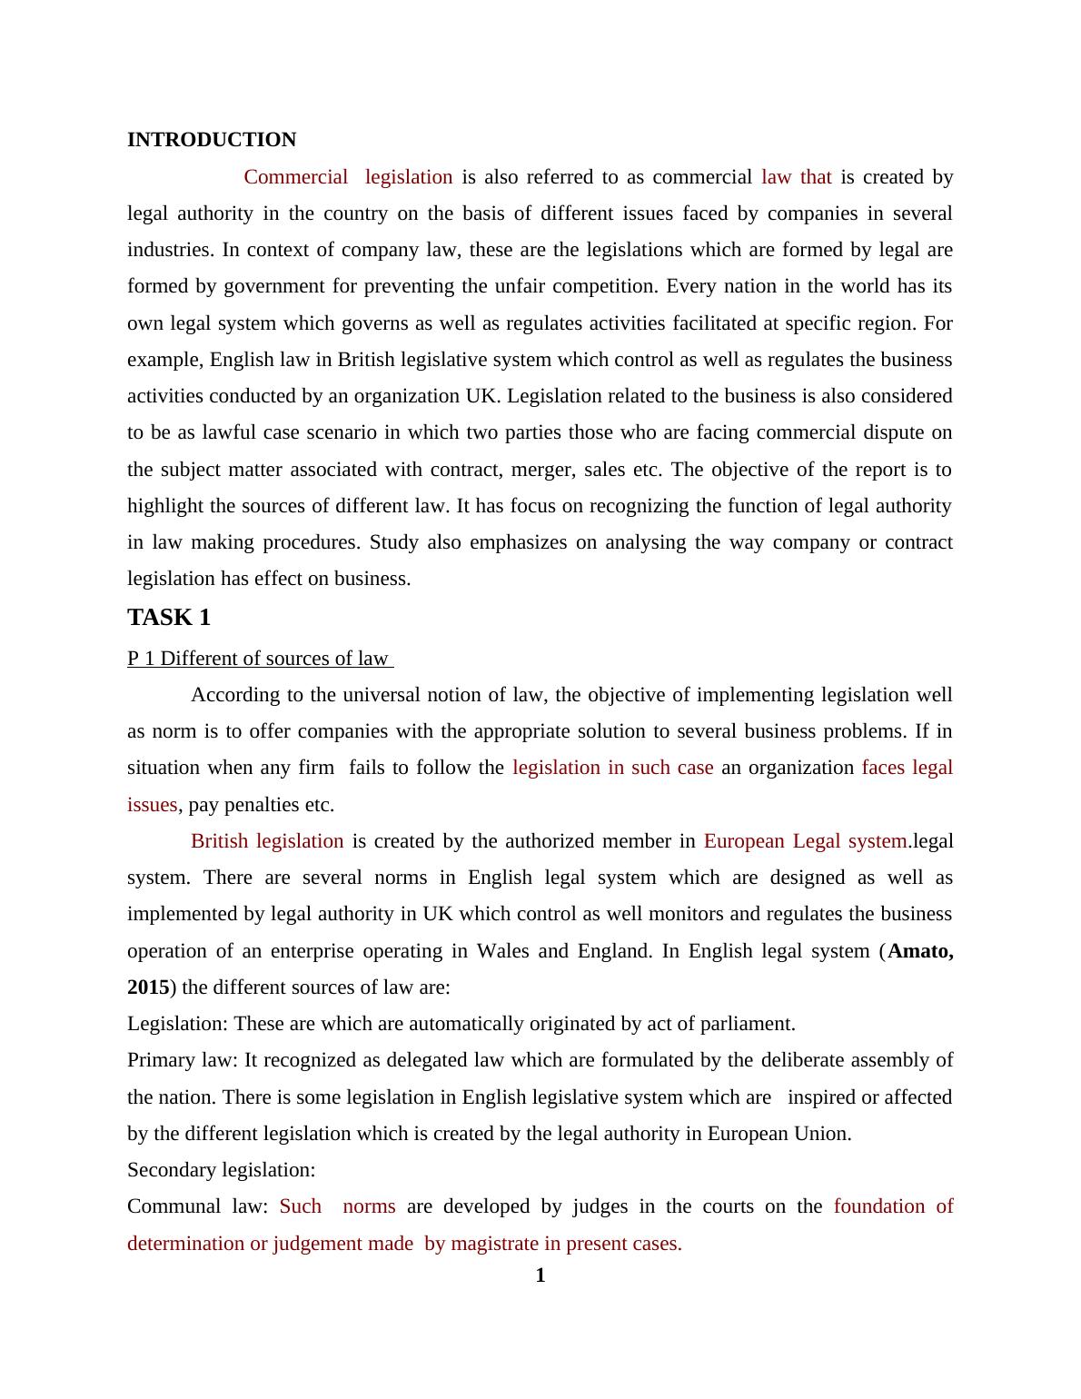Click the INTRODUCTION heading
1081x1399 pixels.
[x=212, y=140]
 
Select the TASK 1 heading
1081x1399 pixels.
[x=169, y=618]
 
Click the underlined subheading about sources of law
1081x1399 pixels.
[x=259, y=659]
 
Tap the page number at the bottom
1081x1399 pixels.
[x=540, y=1275]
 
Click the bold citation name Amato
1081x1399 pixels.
[x=920, y=951]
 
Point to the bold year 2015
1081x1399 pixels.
[x=148, y=987]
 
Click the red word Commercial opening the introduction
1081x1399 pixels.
[x=295, y=177]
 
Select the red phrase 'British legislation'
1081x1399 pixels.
[x=267, y=841]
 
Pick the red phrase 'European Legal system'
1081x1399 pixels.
[x=805, y=841]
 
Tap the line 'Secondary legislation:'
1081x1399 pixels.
[x=222, y=1170]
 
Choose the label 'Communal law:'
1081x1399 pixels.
[x=197, y=1206]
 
